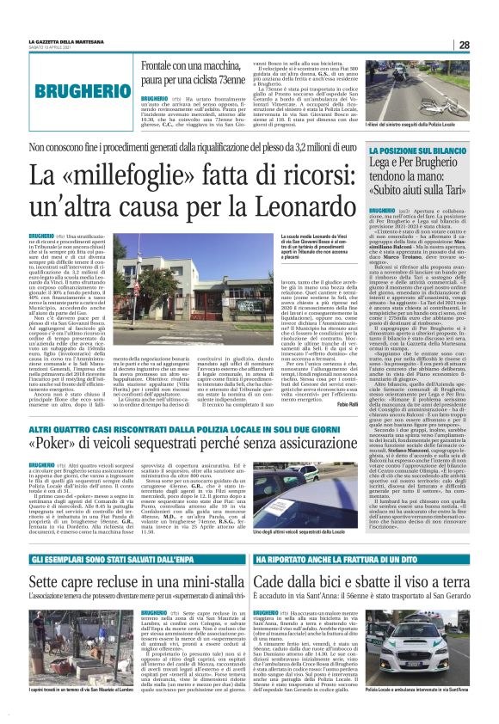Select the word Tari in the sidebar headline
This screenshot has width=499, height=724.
point(451,190)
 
